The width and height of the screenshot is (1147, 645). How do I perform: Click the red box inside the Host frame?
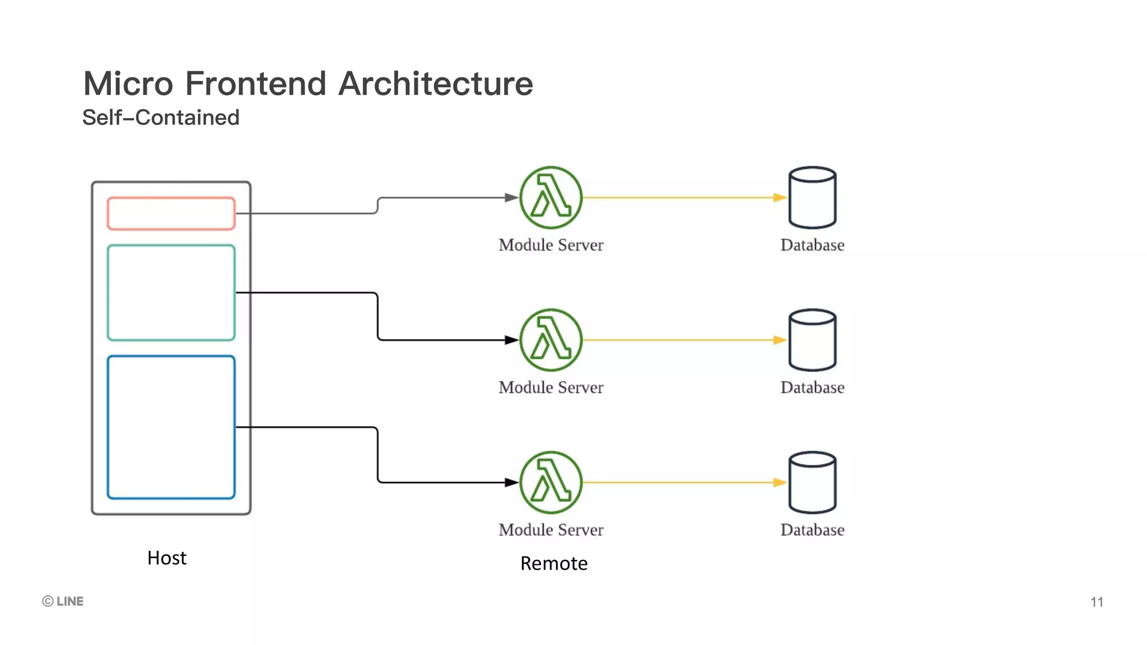[x=171, y=213]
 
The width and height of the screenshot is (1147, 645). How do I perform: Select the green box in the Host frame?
[x=171, y=292]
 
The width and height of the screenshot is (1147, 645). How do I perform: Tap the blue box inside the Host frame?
[x=171, y=427]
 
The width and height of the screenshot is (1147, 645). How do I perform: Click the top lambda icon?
[x=551, y=197]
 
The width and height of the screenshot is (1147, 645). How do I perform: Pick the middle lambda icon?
[x=551, y=340]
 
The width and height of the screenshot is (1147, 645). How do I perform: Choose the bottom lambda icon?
[x=551, y=482]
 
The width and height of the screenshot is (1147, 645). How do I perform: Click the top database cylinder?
[x=812, y=197]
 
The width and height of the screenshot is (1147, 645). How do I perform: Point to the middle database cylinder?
[x=812, y=340]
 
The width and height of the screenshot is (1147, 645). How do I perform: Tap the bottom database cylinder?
[x=812, y=482]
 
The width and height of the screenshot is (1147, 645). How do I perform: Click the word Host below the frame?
[x=167, y=558]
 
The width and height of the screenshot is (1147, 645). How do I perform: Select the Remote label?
[x=553, y=563]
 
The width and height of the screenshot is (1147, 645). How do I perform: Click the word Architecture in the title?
[x=436, y=84]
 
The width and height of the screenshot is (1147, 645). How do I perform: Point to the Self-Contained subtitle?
[x=161, y=118]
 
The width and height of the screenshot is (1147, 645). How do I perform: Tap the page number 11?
[x=1097, y=602]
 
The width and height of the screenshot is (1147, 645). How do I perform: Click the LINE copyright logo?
[x=63, y=601]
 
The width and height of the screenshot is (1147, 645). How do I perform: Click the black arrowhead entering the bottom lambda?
[x=511, y=482]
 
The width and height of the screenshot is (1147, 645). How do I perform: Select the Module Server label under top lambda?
[x=551, y=245]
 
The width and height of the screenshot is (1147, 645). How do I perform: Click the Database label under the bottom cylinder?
[x=812, y=530]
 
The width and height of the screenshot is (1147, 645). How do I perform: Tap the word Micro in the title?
[x=128, y=84]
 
